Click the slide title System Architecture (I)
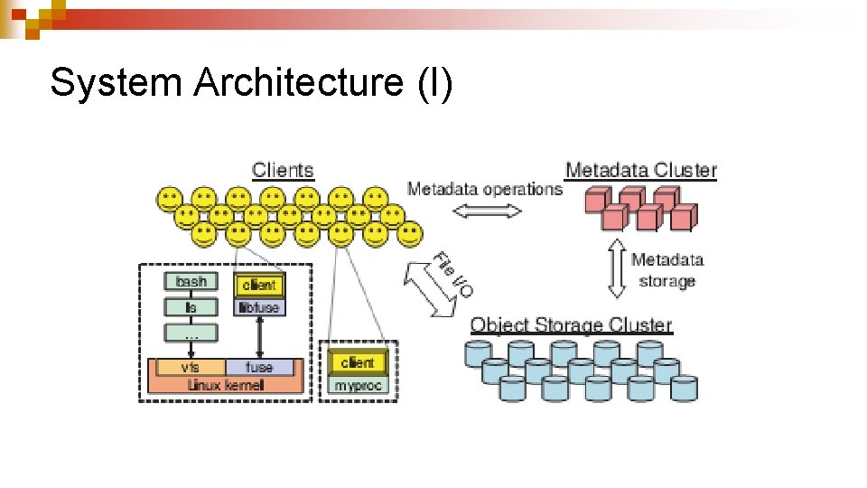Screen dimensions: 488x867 point(251,83)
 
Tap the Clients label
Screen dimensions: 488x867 point(283,170)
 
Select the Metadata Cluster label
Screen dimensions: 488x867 point(640,170)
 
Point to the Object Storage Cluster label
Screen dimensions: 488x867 point(571,325)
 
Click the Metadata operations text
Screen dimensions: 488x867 point(484,189)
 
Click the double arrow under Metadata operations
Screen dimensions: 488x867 point(486,211)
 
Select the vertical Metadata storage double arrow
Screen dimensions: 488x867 point(616,268)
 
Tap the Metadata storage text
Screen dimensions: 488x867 point(667,270)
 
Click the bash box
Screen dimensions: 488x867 point(191,282)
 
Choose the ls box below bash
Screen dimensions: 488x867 point(191,307)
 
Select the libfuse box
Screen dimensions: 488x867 point(259,307)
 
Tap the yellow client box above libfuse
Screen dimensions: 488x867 point(259,285)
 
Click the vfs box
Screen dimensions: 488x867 point(190,367)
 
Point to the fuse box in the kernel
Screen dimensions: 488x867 point(259,367)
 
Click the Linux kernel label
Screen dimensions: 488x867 point(225,384)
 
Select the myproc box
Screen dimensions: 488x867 point(359,385)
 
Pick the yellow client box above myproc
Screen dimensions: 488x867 point(359,362)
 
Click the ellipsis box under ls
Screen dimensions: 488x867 point(191,333)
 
